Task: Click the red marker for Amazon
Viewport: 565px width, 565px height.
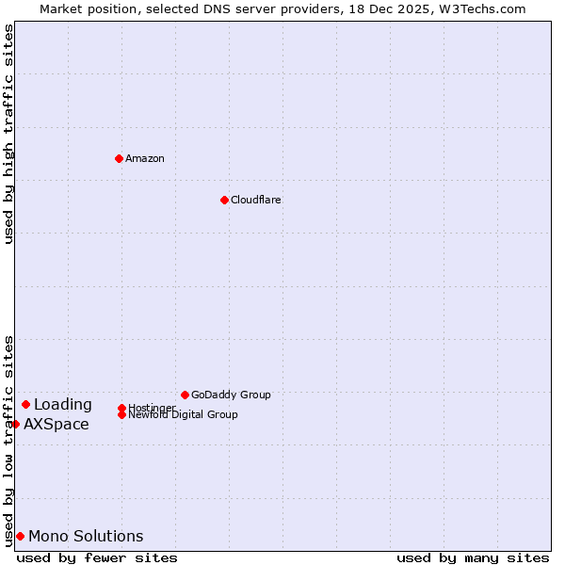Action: [x=119, y=158]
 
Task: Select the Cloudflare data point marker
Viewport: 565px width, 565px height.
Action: [x=224, y=200]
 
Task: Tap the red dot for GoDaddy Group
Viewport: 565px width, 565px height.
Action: [x=185, y=395]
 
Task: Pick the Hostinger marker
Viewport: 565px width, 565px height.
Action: [x=121, y=408]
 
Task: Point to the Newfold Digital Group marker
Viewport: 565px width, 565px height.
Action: [x=121, y=414]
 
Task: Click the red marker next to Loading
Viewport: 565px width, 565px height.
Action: [x=25, y=404]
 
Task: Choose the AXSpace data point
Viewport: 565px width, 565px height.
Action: [x=15, y=424]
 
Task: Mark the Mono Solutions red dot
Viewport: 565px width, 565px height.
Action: [x=20, y=536]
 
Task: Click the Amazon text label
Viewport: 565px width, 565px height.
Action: [x=145, y=158]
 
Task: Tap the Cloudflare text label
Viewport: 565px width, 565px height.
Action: [x=256, y=200]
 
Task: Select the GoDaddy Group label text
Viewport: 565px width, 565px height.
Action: [x=231, y=395]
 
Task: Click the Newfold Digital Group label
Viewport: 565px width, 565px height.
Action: [x=183, y=414]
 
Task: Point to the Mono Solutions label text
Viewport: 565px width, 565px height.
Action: [x=86, y=537]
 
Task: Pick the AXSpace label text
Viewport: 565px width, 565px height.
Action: [x=56, y=424]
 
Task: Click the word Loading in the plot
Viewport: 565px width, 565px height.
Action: [x=63, y=405]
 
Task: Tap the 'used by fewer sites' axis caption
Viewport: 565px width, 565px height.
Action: [x=97, y=557]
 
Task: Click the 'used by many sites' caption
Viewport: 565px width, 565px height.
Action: [x=473, y=557]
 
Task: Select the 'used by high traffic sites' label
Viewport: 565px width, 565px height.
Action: [x=8, y=134]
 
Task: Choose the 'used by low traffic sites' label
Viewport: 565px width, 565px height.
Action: [x=8, y=441]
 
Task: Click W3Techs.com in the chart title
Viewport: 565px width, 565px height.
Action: [x=479, y=8]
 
